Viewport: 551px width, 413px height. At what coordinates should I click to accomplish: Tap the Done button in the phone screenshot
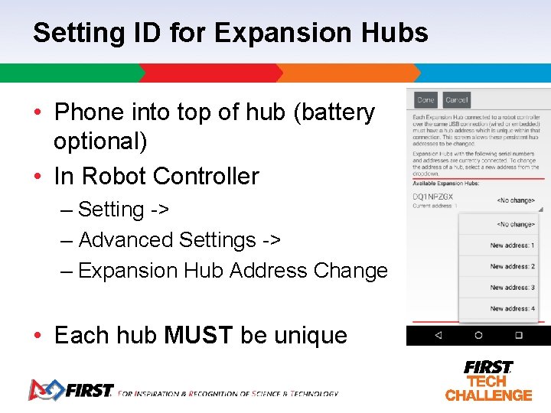[x=425, y=100]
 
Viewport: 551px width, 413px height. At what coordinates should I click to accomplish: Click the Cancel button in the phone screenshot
[x=456, y=100]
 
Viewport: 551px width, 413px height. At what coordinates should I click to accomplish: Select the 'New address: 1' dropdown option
[x=512, y=246]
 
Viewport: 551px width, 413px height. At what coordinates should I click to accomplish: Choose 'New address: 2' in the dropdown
[x=512, y=267]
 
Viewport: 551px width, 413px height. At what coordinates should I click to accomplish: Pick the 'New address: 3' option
[x=512, y=288]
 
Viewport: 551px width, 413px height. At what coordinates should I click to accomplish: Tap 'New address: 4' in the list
[x=512, y=309]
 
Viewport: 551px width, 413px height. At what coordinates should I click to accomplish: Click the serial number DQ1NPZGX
[x=432, y=197]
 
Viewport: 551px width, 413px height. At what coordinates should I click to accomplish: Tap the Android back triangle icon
[x=439, y=335]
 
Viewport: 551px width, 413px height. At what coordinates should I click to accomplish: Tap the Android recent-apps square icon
[x=518, y=335]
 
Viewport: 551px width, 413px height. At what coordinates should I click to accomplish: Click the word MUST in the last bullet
[x=199, y=335]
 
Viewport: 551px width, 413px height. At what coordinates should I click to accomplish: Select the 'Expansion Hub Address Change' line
[x=233, y=271]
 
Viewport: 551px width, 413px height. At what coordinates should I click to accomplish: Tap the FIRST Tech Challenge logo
[x=488, y=380]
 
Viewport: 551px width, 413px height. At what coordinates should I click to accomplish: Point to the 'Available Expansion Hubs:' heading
[x=446, y=183]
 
